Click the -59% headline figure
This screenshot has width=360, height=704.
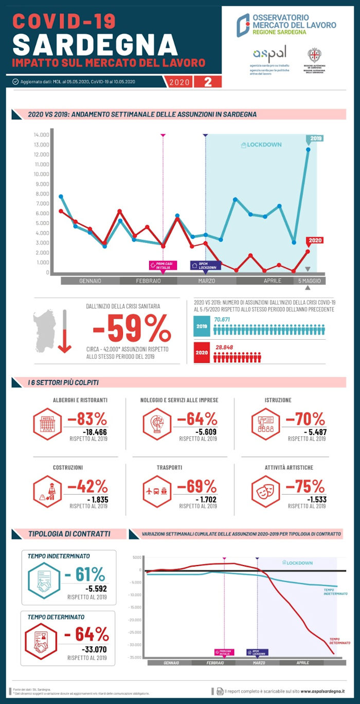132,328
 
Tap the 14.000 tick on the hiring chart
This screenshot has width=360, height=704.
41,135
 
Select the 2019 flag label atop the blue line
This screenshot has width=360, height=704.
315,138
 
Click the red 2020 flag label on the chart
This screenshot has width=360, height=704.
315,240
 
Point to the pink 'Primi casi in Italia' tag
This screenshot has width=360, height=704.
163,265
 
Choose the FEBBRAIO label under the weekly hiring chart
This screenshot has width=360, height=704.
149,281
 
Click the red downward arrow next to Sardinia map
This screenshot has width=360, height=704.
64,332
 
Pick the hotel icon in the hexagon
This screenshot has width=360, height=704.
47,424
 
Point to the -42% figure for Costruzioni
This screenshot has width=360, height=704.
88,486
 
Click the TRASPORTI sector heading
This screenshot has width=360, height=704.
169,468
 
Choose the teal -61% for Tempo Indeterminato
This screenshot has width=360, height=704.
85,574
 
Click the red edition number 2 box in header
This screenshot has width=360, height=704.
208,82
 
